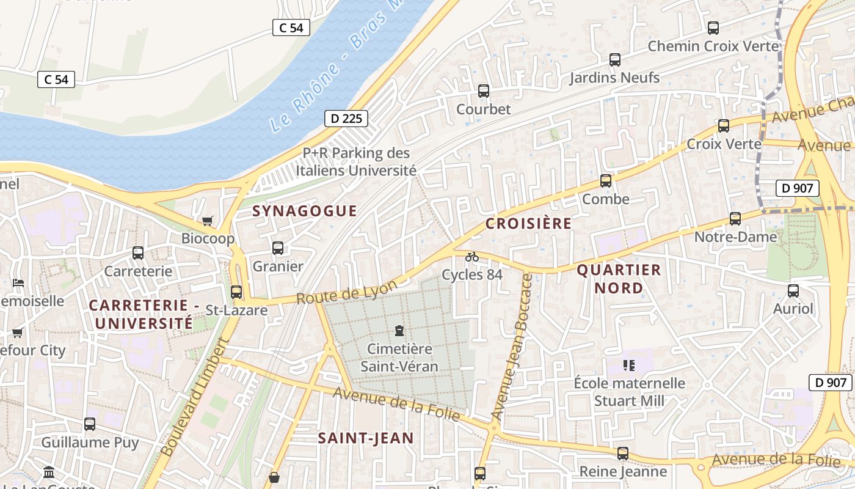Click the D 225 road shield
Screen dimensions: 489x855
point(346,119)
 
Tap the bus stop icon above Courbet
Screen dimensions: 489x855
point(484,91)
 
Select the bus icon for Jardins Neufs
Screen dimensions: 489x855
point(615,60)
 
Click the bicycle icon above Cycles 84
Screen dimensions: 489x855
point(472,257)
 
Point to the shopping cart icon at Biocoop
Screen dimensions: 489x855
point(208,221)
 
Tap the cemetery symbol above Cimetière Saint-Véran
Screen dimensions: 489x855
point(399,331)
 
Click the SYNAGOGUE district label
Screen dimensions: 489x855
point(305,211)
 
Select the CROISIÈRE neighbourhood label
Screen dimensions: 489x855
point(529,224)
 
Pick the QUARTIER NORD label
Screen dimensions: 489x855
point(619,279)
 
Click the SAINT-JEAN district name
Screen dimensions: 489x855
point(366,438)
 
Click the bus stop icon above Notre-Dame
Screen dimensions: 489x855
point(735,218)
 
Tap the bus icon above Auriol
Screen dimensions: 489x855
point(793,291)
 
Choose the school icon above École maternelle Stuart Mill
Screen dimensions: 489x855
point(629,366)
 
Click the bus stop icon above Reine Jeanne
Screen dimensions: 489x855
point(622,454)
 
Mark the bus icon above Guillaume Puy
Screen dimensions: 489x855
point(90,424)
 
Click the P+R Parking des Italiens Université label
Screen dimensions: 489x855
point(356,162)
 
